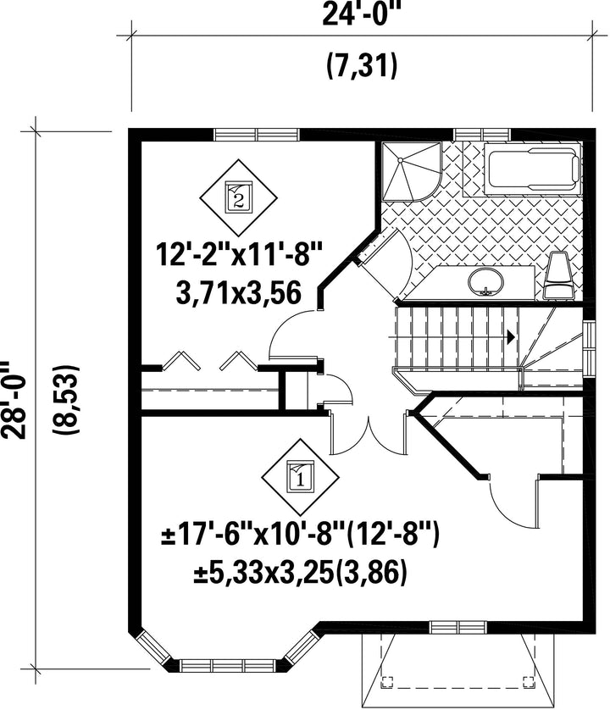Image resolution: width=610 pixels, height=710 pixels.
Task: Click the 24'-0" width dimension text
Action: [362, 16]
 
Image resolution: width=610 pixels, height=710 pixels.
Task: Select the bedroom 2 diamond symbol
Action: [239, 197]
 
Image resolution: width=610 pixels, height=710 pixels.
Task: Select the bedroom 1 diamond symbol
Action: [300, 478]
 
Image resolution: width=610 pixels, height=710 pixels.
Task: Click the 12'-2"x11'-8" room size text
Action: [239, 255]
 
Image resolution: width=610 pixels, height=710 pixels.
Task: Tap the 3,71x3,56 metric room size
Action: [238, 293]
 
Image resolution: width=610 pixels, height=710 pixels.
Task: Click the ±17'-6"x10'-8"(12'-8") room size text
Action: [300, 536]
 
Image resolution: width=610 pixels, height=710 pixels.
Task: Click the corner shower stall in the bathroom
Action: [411, 171]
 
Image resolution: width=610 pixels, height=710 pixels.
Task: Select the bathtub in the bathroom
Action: [533, 169]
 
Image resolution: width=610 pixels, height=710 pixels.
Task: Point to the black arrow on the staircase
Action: [511, 336]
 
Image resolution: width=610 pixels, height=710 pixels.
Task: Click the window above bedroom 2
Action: [257, 135]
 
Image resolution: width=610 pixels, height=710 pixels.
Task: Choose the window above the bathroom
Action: [483, 135]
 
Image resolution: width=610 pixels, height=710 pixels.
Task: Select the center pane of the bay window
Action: [229, 665]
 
